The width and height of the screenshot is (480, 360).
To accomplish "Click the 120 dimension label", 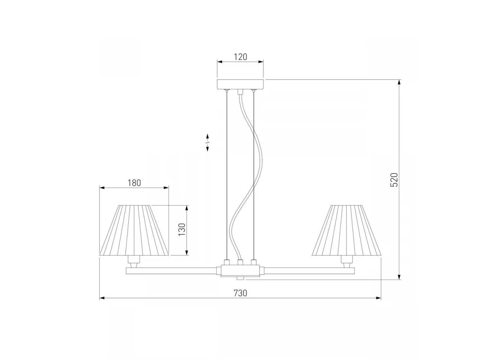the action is click(240, 57).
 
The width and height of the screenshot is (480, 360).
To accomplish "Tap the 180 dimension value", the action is click(134, 183).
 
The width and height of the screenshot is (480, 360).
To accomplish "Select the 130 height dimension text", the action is click(182, 229).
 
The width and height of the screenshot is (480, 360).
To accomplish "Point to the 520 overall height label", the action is click(394, 180).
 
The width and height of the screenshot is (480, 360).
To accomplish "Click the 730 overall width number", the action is click(240, 293).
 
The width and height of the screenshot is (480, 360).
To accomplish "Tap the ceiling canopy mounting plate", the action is click(240, 84).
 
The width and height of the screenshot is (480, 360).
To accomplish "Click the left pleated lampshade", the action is click(134, 230).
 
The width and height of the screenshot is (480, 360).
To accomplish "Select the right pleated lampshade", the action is click(346, 230).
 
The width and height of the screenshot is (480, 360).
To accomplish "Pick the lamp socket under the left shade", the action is click(133, 262).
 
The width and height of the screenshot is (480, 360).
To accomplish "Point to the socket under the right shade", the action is click(347, 262).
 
